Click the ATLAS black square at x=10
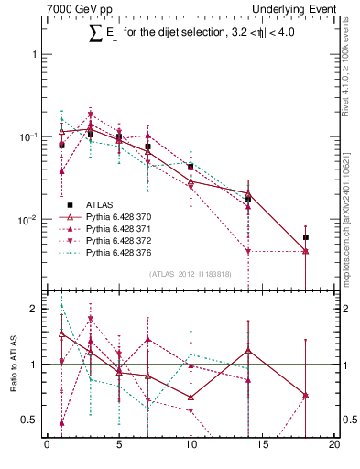[191, 167]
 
